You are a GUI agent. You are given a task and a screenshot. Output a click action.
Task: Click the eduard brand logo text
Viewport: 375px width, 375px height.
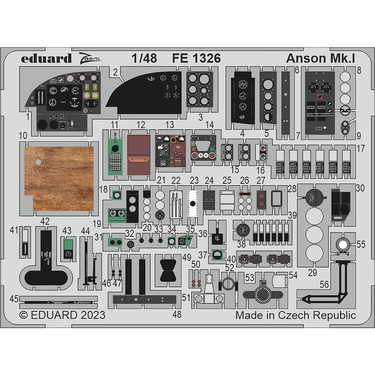click(x=46, y=58)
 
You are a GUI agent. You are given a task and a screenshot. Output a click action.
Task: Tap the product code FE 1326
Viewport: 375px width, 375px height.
click(x=196, y=58)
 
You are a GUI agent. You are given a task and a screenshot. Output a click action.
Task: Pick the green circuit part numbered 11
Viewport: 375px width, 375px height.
click(x=115, y=154)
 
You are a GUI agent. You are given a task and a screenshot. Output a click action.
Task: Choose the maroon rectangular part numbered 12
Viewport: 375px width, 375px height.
click(x=138, y=154)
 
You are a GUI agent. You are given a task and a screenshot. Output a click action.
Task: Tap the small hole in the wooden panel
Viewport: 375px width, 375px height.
click(x=37, y=162)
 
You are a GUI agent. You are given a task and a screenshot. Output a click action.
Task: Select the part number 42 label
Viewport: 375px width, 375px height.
click(x=45, y=222)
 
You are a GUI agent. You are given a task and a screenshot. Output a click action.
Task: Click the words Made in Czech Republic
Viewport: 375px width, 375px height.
click(x=295, y=315)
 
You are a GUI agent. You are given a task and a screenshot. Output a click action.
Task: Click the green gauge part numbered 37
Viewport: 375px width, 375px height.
click(x=216, y=255)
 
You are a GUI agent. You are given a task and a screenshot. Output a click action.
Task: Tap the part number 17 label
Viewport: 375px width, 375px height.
click(x=360, y=148)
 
